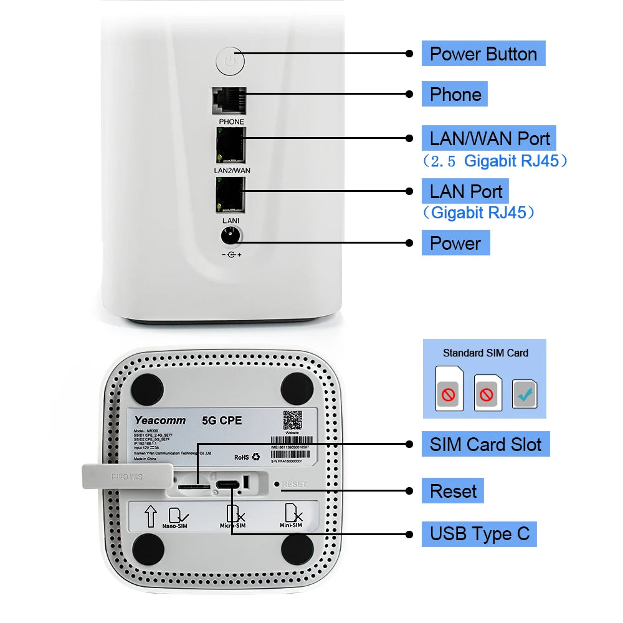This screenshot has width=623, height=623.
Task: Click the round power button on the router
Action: (231, 61)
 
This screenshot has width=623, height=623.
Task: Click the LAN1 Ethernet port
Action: (231, 195)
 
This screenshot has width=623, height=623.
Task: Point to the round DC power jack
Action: (231, 235)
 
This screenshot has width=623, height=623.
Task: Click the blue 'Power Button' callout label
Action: (483, 54)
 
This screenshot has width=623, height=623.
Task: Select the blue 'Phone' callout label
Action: (455, 94)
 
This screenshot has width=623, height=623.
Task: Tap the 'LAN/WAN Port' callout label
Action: (489, 138)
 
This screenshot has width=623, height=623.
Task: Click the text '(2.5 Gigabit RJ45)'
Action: (495, 161)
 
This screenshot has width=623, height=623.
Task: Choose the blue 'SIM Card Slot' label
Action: (485, 444)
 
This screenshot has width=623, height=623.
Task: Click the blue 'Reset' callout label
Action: (453, 491)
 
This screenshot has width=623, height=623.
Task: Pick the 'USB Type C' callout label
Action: (479, 534)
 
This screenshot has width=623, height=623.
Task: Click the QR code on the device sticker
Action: (293, 421)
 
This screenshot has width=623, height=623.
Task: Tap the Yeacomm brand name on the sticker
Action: (156, 421)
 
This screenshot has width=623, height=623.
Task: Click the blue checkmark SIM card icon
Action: (525, 394)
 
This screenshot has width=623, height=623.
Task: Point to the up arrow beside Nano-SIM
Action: (150, 516)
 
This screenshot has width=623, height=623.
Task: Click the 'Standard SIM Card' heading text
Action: (485, 353)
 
